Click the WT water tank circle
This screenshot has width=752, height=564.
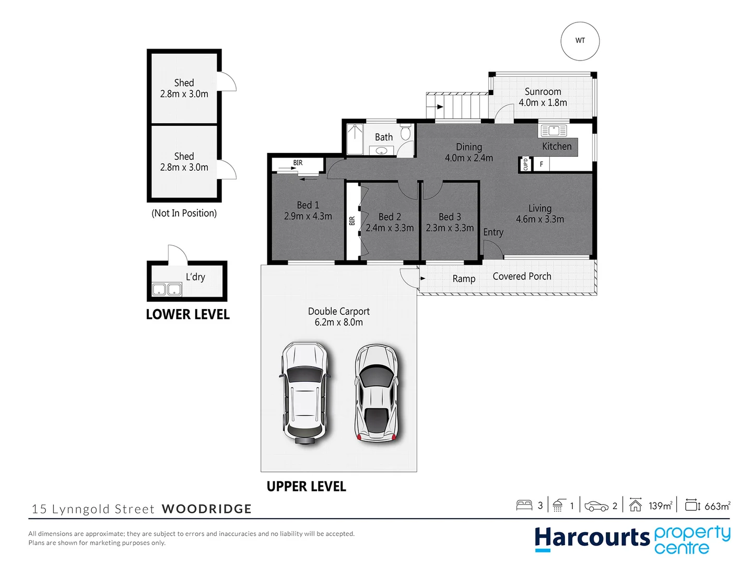pyautogui.click(x=580, y=41)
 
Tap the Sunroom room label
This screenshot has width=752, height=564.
pyautogui.click(x=543, y=92)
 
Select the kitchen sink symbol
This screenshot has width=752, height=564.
pyautogui.click(x=553, y=130)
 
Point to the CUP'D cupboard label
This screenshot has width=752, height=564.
pyautogui.click(x=525, y=164)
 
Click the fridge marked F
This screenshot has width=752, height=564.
pyautogui.click(x=541, y=164)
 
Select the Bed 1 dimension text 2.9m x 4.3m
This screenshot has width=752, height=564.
pyautogui.click(x=308, y=216)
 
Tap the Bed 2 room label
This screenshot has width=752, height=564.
pyautogui.click(x=390, y=217)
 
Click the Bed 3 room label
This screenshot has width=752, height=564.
pyautogui.click(x=450, y=217)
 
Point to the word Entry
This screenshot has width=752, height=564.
pyautogui.click(x=493, y=232)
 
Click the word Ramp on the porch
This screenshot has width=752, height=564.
pyautogui.click(x=464, y=279)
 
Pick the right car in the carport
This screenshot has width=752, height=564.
pyautogui.click(x=376, y=393)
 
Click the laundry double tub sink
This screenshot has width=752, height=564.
pyautogui.click(x=167, y=289)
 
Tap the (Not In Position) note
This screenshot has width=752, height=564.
pyautogui.click(x=184, y=213)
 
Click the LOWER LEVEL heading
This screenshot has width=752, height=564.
pyautogui.click(x=187, y=314)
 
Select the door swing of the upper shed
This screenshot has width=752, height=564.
pyautogui.click(x=227, y=81)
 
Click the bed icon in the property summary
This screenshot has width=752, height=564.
pyautogui.click(x=524, y=505)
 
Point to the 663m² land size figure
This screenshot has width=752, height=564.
pyautogui.click(x=717, y=506)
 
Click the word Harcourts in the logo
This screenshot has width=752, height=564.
pyautogui.click(x=592, y=538)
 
